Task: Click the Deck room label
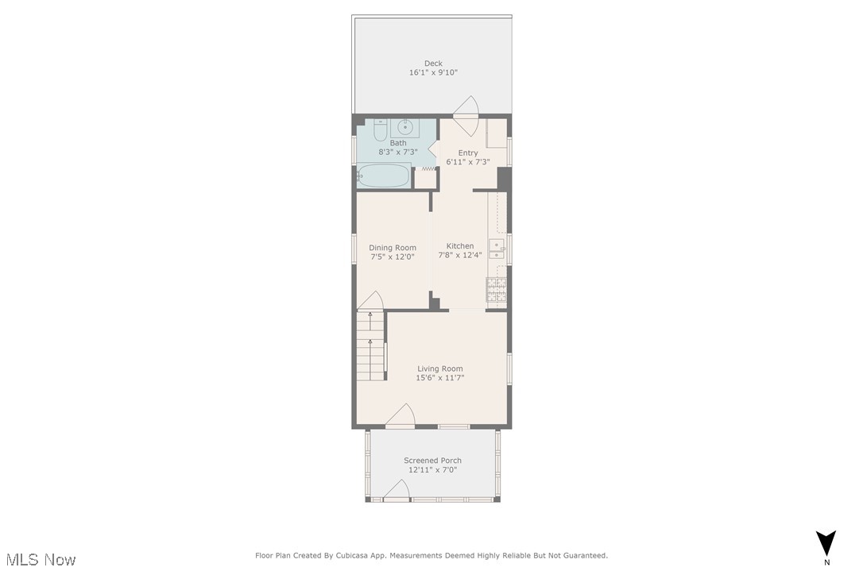433,64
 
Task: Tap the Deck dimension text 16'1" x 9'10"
433,73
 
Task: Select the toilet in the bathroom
380,129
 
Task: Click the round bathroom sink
405,126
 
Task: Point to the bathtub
383,176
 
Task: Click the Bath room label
397,143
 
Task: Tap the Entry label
468,152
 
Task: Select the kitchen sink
496,249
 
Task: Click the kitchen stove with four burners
497,290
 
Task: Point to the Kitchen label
460,246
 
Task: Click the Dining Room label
393,248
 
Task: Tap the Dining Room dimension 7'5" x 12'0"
393,257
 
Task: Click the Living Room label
440,369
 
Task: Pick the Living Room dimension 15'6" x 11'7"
440,378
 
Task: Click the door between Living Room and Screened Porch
402,417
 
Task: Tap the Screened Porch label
432,461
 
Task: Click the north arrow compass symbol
826,543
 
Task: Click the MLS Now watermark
39,560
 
